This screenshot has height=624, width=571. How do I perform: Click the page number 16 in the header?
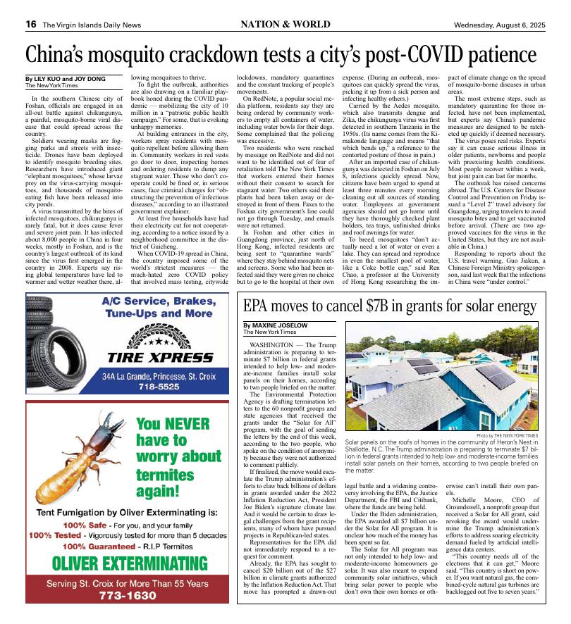tap(31, 24)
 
